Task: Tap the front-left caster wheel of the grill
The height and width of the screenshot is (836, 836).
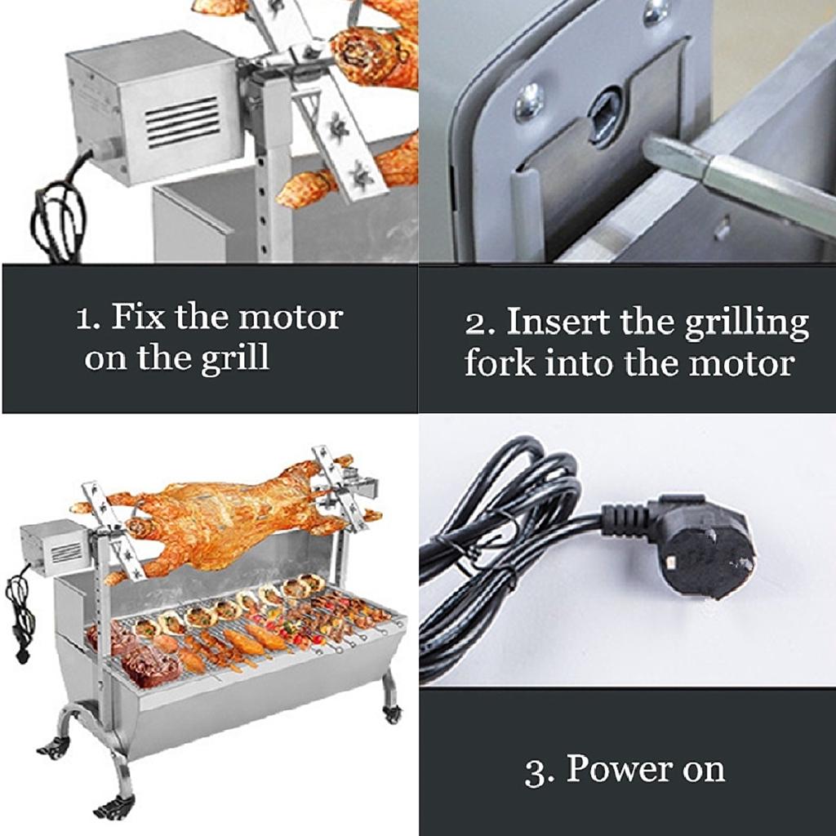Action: point(114,807)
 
